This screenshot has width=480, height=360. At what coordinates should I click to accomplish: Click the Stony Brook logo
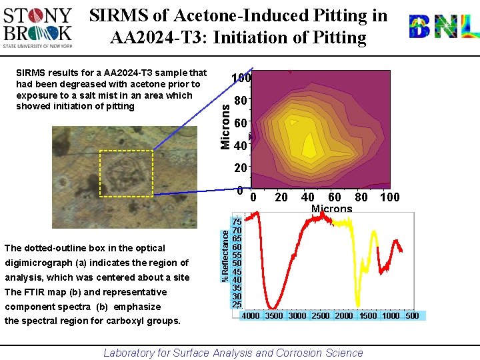(x=38, y=27)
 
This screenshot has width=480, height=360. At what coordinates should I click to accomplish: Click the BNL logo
(x=443, y=27)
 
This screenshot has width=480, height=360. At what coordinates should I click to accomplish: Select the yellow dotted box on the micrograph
(x=126, y=173)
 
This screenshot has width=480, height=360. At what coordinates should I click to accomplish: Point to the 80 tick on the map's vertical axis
(x=241, y=101)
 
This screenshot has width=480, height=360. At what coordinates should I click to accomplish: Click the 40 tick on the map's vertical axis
(x=241, y=145)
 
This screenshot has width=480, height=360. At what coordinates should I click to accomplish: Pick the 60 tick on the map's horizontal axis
(x=335, y=197)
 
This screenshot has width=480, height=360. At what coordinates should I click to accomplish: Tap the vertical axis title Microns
(x=226, y=123)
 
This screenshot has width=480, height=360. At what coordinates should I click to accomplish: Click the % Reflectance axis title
(x=225, y=255)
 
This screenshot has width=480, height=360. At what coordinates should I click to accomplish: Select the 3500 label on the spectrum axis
(x=274, y=316)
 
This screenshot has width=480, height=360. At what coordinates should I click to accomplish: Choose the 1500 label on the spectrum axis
(x=367, y=316)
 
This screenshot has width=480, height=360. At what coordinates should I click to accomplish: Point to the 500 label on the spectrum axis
(x=412, y=316)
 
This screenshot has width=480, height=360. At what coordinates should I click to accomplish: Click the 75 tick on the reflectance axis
(x=237, y=221)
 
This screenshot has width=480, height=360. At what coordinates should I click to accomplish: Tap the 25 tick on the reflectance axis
(x=237, y=304)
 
